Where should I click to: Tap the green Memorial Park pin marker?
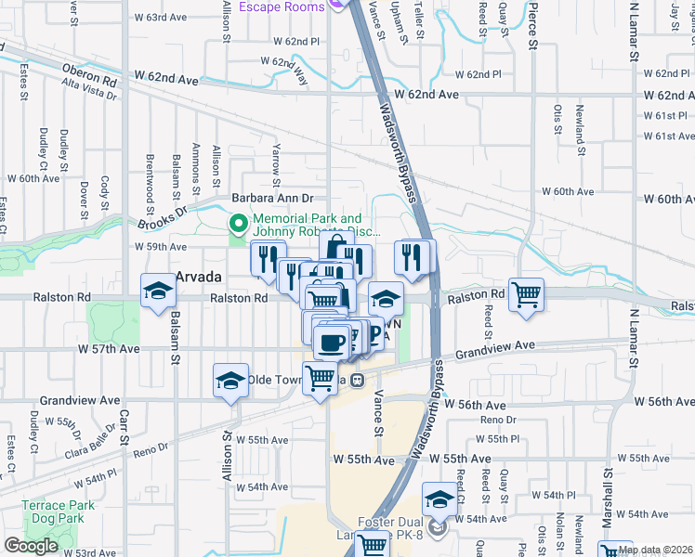click(x=238, y=223)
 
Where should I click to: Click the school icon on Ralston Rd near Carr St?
click(x=158, y=291)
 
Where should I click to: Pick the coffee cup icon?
click(x=331, y=342)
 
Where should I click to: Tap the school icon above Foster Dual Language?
click(x=439, y=500)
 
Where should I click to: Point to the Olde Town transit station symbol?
click(x=356, y=380)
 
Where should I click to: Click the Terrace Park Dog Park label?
click(x=58, y=512)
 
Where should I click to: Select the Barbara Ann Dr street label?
click(x=273, y=198)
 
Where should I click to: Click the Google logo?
click(x=31, y=546)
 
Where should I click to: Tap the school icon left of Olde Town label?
click(x=229, y=380)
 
